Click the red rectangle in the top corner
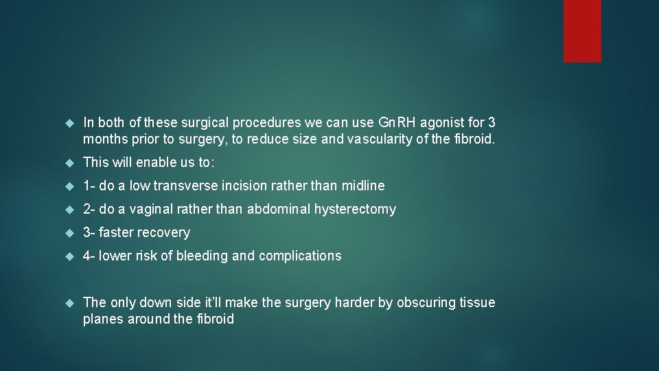582,30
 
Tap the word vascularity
378,139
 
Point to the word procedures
265,123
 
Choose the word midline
362,185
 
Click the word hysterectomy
355,209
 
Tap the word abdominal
279,209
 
